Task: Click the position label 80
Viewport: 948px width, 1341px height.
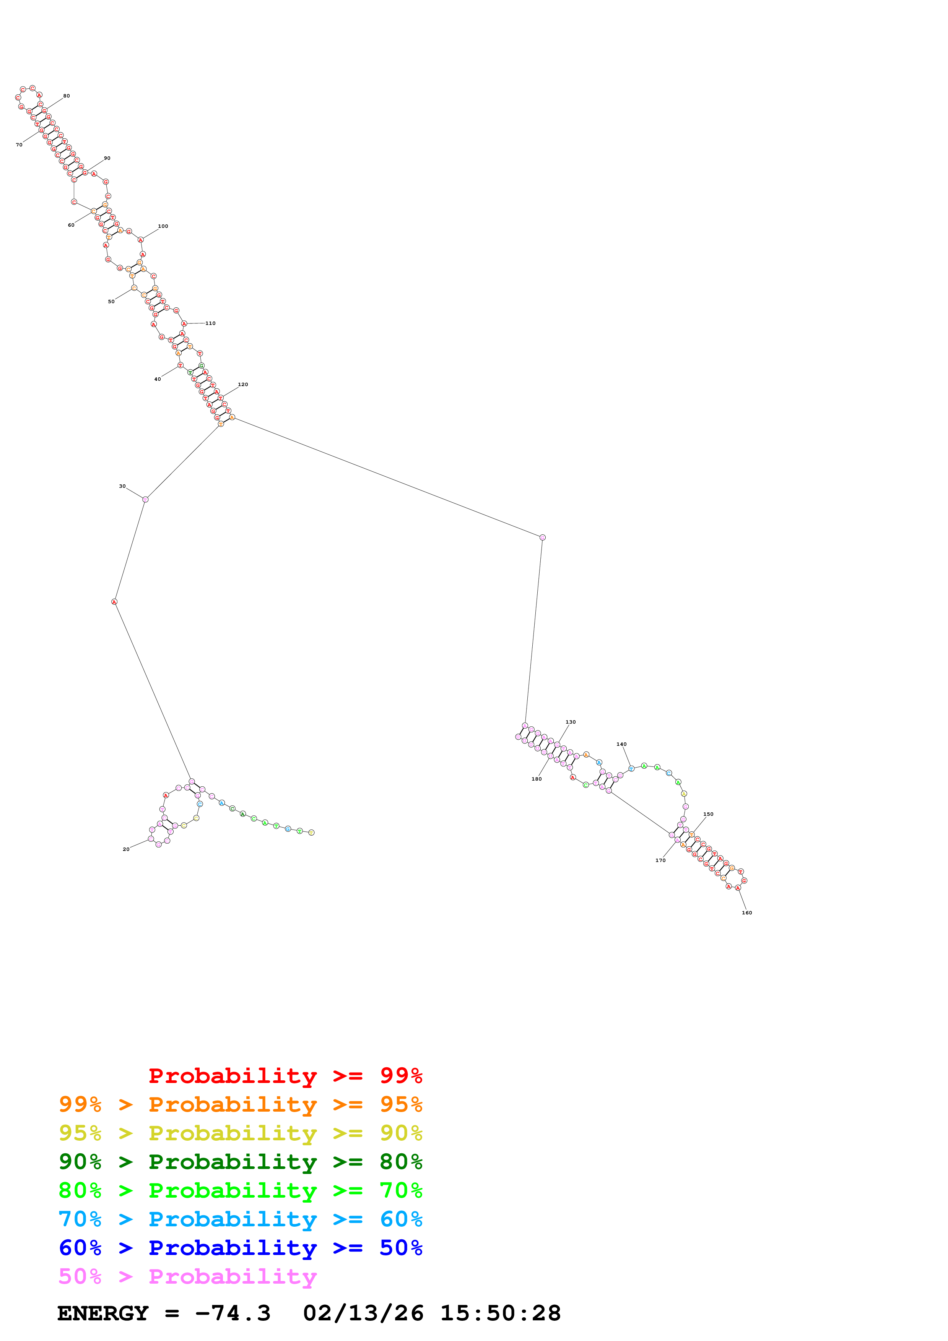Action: click(67, 96)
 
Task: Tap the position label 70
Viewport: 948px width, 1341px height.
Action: click(19, 145)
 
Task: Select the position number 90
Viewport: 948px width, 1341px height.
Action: click(107, 158)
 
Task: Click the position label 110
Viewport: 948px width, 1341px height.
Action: click(210, 323)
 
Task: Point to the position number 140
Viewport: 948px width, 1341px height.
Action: click(621, 744)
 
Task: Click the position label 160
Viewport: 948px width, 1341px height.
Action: click(747, 912)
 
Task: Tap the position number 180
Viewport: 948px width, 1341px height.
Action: click(536, 779)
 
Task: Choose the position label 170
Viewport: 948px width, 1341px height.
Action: click(661, 860)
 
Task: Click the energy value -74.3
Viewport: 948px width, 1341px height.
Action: click(233, 1313)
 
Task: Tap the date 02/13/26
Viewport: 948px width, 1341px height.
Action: click(363, 1313)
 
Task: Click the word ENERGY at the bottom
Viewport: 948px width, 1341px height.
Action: click(103, 1313)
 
